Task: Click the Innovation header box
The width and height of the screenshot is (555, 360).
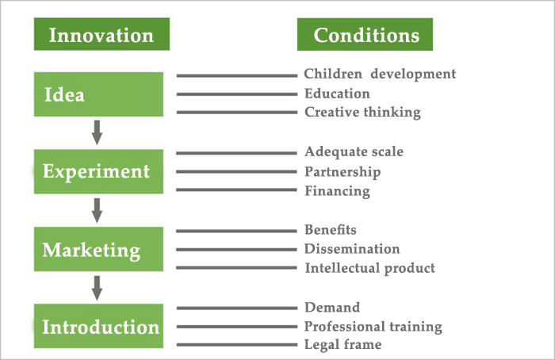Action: click(x=101, y=34)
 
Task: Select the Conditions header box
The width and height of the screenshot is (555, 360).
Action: click(x=365, y=34)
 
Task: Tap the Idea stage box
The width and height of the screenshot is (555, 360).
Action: click(x=98, y=94)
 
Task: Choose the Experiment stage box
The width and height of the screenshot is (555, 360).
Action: click(x=98, y=172)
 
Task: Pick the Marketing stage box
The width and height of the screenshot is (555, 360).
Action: click(x=98, y=249)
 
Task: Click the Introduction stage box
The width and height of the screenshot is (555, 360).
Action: click(x=98, y=326)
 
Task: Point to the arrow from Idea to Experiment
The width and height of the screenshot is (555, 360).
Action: click(x=97, y=132)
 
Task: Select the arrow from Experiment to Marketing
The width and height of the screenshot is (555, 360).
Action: click(x=97, y=210)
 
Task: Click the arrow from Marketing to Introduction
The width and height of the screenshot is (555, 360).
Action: click(x=97, y=288)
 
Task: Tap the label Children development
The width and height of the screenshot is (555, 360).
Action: click(x=380, y=74)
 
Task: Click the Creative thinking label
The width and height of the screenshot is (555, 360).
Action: click(x=363, y=113)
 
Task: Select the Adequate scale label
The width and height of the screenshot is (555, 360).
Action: click(x=354, y=152)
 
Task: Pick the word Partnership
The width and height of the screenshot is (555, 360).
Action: click(x=343, y=172)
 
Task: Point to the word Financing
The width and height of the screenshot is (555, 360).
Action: click(x=337, y=191)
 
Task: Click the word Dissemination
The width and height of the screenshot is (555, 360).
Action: click(x=352, y=249)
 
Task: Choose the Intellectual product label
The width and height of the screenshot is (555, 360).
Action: click(x=370, y=268)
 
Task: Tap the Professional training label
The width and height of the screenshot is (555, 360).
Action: click(x=373, y=327)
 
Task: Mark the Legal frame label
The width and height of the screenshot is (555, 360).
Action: click(x=343, y=344)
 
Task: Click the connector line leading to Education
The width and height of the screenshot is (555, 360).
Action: click(x=237, y=94)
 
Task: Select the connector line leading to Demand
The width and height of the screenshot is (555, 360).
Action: click(x=237, y=308)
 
